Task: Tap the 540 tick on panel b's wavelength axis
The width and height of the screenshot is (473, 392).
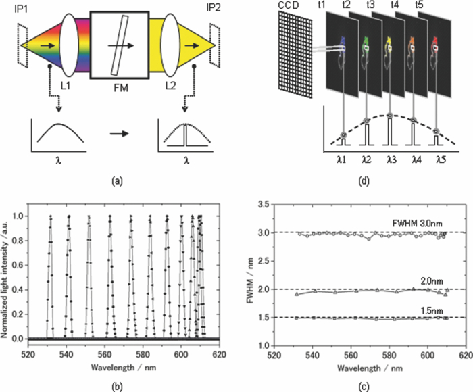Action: [66, 353]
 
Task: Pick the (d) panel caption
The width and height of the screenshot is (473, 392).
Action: [363, 180]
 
